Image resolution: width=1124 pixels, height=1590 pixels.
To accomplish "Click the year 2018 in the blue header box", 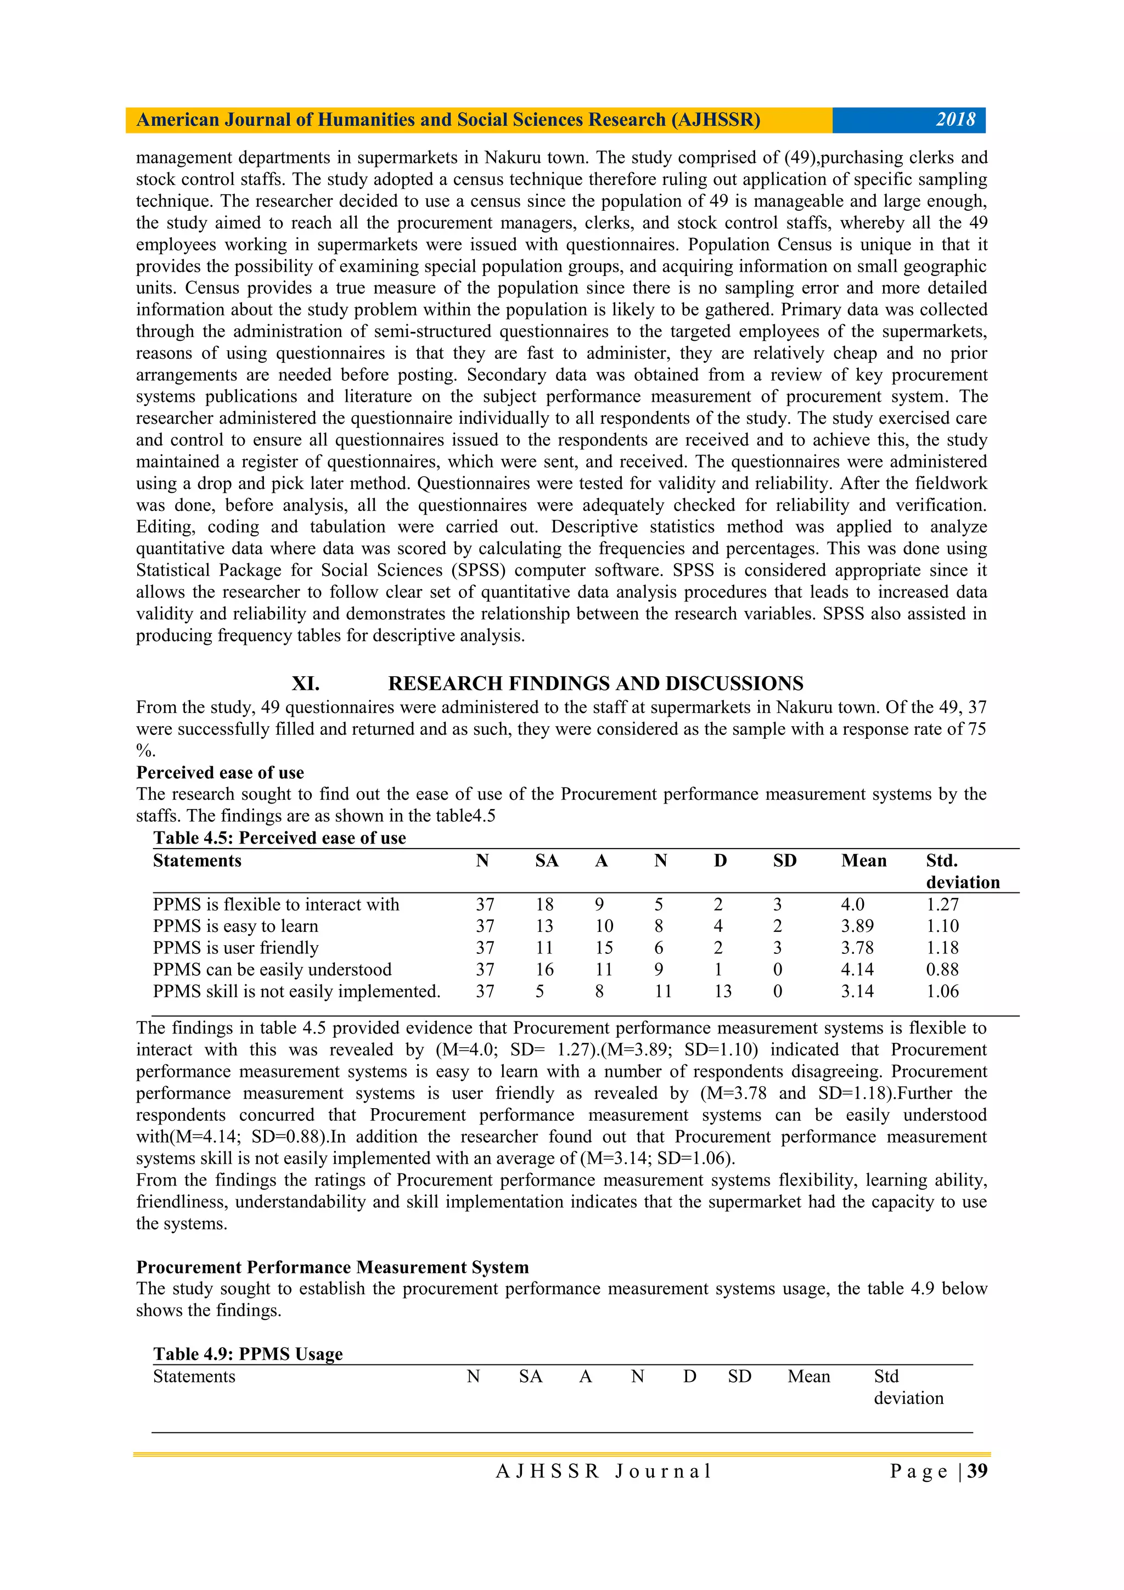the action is point(955,120).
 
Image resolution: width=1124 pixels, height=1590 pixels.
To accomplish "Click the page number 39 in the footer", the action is point(977,1471).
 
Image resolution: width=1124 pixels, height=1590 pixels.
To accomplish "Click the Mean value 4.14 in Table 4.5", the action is point(857,969).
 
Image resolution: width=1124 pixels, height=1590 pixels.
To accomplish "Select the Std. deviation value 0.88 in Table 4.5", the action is point(942,969).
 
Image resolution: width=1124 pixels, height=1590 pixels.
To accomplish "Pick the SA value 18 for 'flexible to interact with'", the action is point(544,904).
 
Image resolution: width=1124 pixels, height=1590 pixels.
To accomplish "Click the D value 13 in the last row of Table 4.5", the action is point(722,991).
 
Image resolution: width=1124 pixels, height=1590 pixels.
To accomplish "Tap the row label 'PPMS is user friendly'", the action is point(235,948).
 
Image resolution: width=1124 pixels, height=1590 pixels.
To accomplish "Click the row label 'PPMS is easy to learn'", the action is point(235,926).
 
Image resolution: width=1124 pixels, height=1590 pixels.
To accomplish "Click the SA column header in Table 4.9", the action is point(531,1376).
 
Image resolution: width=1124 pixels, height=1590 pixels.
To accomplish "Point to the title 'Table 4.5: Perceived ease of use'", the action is point(279,838).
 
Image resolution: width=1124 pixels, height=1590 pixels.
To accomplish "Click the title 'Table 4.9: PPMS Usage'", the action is point(248,1354).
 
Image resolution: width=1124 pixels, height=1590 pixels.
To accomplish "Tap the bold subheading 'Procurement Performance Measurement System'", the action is point(333,1267).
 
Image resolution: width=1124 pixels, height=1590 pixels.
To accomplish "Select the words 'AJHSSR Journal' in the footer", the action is point(604,1471).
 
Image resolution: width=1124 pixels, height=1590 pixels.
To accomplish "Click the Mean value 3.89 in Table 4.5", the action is point(857,926).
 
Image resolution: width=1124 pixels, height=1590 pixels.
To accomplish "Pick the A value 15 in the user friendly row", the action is point(604,948).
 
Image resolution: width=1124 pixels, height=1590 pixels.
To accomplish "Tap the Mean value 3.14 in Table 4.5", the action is point(857,991).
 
